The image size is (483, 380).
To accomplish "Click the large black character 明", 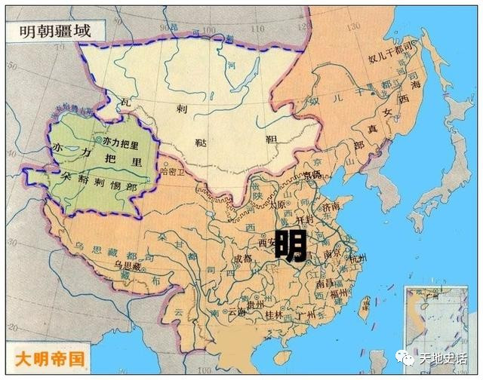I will pos(290,246).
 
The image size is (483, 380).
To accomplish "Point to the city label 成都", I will pos(242,258).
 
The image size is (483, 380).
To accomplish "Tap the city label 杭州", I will pos(357,260).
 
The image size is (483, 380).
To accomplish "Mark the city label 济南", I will pos(331,205).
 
